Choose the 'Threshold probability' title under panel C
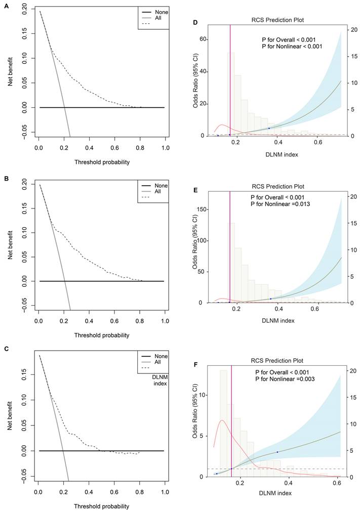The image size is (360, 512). click(101, 506)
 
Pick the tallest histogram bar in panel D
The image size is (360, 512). click(230, 94)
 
